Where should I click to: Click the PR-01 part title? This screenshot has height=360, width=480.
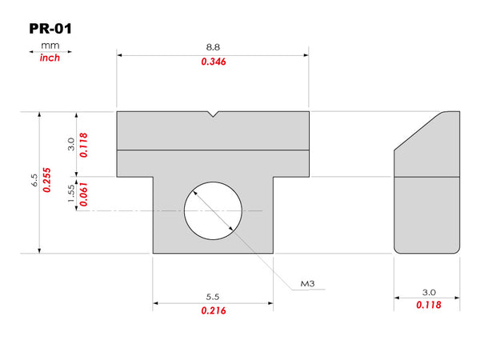[x=50, y=29]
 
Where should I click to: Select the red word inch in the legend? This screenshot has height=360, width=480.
[x=50, y=58]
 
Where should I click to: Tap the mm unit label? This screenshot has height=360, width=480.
[x=50, y=46]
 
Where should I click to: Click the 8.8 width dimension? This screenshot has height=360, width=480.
[x=213, y=47]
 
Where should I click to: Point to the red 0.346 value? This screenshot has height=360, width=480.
[x=214, y=62]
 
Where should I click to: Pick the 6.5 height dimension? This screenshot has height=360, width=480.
[x=34, y=180]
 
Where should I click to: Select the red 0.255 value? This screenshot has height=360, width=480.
[x=47, y=180]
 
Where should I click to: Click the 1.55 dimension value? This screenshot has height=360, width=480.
[x=71, y=193]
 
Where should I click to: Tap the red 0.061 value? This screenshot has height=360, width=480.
[x=83, y=194]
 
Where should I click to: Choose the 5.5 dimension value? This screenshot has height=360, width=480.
[x=213, y=297]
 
